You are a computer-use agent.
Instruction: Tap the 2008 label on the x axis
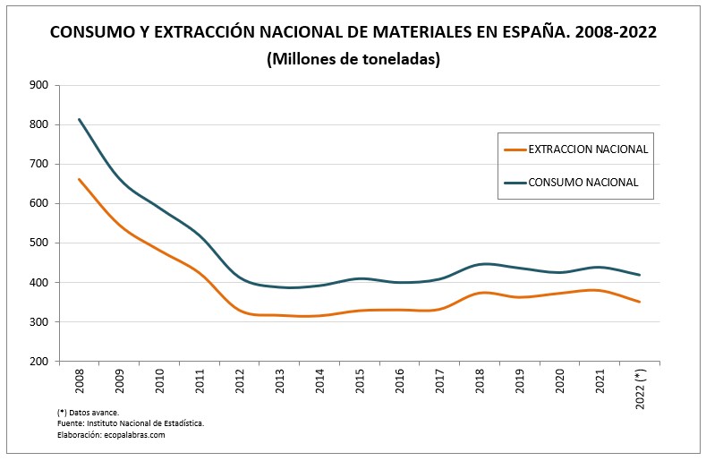80,382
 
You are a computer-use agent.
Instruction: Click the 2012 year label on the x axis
240,382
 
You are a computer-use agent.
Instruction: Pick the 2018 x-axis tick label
480,382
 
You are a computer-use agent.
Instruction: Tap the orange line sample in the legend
515,149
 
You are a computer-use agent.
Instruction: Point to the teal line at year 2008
80,119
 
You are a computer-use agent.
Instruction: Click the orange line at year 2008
80,179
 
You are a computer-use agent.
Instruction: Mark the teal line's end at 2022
639,275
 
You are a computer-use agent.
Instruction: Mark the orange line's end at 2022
639,302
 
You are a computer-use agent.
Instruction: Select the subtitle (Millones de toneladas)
353,59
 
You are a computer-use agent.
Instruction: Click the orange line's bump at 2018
481,293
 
